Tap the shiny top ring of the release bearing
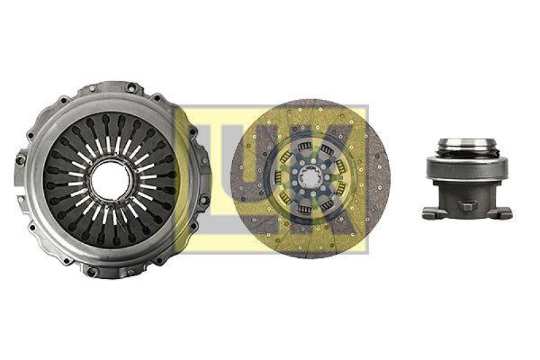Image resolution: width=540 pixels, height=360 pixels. pyautogui.click(x=466, y=143)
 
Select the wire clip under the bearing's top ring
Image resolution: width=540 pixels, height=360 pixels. pyautogui.click(x=466, y=154)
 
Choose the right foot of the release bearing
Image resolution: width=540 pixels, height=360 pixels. pyautogui.click(x=504, y=213)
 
